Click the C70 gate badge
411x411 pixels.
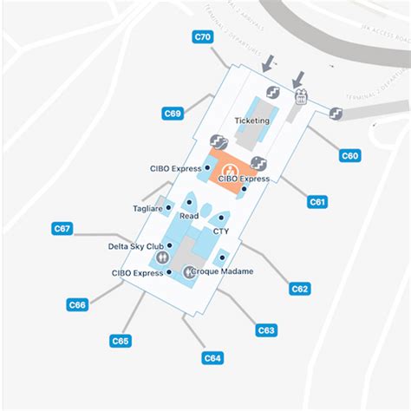[x=202, y=37]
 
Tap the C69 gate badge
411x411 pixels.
[x=173, y=113]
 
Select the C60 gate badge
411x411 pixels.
[x=349, y=156]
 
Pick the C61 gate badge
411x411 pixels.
[x=318, y=201]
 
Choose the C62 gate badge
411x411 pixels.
[x=300, y=289]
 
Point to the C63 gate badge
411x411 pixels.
[x=266, y=329]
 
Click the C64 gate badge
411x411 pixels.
[x=212, y=357]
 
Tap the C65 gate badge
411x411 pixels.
[x=121, y=341]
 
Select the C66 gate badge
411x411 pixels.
[x=77, y=304]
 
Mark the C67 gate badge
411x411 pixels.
[x=62, y=229]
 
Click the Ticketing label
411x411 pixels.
[x=252, y=121]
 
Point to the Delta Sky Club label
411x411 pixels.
[x=137, y=245]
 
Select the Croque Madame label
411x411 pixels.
[x=223, y=271]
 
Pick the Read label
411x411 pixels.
[x=189, y=217]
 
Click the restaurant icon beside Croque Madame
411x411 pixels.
[x=186, y=271]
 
